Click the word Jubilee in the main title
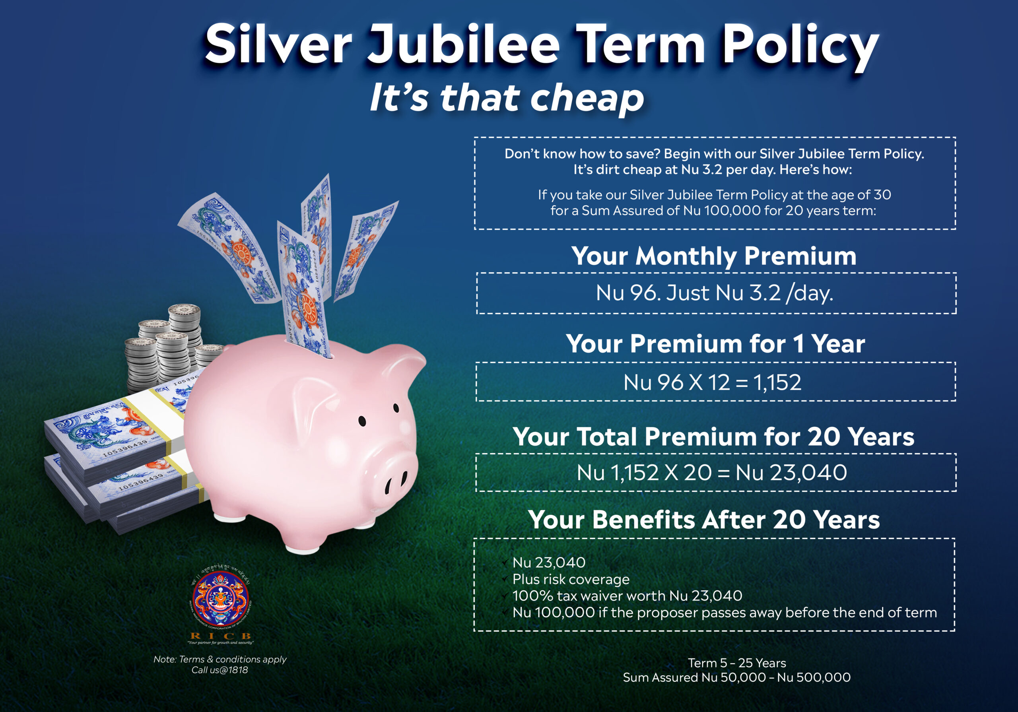[463, 45]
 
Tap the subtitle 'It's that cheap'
[507, 97]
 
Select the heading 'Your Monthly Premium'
[714, 256]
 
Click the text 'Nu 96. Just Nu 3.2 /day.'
[714, 293]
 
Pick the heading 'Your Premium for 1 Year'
[715, 343]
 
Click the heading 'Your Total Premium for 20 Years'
[713, 436]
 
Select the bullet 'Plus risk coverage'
[571, 579]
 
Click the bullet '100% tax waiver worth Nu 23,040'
[628, 596]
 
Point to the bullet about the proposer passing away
[725, 612]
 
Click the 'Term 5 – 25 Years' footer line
[737, 663]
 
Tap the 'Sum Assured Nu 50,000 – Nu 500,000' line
[737, 677]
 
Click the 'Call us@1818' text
[220, 670]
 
